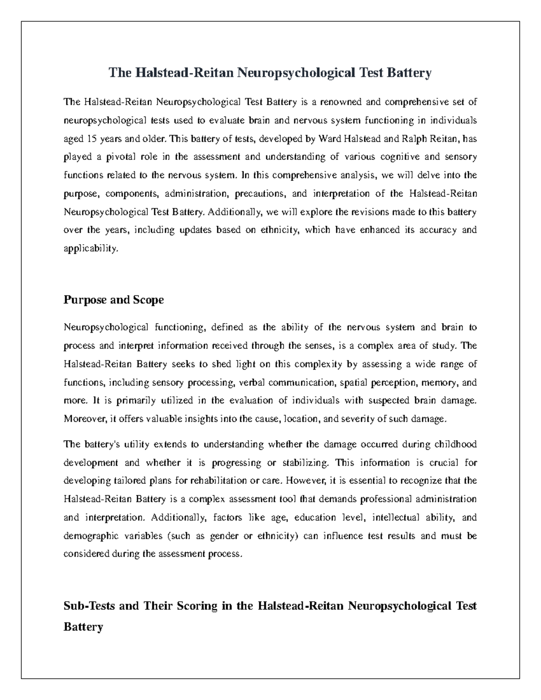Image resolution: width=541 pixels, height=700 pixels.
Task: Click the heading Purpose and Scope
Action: [x=114, y=300]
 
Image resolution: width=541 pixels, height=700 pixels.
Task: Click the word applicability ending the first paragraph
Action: [x=91, y=248]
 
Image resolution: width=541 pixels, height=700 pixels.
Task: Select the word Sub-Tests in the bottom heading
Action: [x=89, y=606]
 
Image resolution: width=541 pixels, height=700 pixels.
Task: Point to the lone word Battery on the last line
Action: [x=83, y=627]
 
